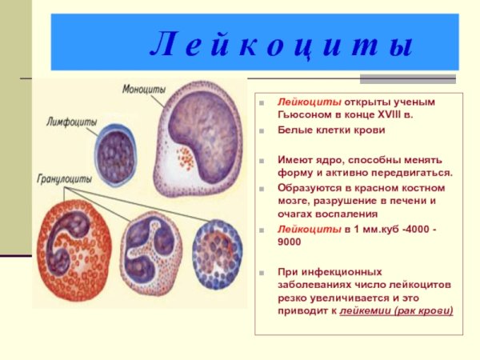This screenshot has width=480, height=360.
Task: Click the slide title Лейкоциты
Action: (x=281, y=46)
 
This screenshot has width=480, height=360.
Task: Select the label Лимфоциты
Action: (x=72, y=122)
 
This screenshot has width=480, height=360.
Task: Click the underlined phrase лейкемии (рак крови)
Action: (x=396, y=310)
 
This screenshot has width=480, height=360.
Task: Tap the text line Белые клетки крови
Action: (x=331, y=130)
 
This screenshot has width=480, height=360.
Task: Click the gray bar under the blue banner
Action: (x=407, y=78)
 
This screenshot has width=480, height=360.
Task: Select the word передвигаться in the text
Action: (x=412, y=172)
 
